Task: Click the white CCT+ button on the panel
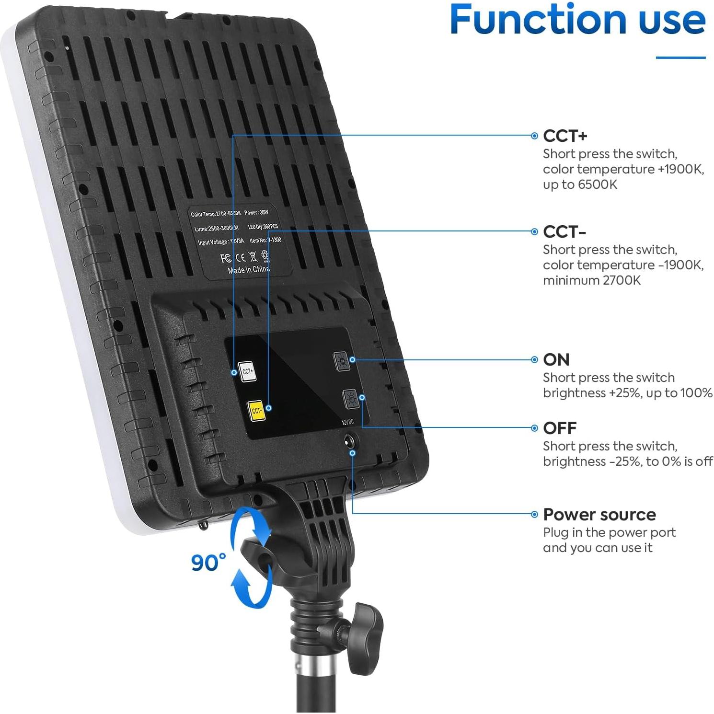click(x=247, y=371)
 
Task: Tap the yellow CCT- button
click(x=256, y=410)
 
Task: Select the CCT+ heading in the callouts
click(x=565, y=136)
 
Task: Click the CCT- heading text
click(x=564, y=232)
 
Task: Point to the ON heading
click(x=556, y=360)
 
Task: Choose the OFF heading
click(x=559, y=428)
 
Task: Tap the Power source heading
click(x=599, y=515)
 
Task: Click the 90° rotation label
click(x=208, y=563)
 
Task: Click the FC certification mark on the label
click(x=226, y=258)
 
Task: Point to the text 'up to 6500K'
click(x=580, y=185)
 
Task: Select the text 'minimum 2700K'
click(x=591, y=281)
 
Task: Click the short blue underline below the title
click(x=680, y=58)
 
